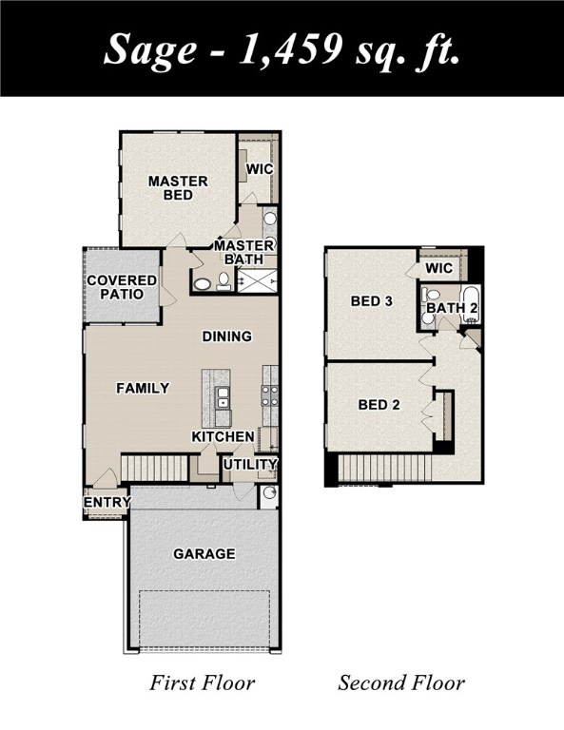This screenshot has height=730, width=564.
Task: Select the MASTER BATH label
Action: pos(243,252)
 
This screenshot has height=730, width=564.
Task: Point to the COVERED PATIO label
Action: pos(122,287)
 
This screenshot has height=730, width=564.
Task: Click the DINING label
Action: pos(226,336)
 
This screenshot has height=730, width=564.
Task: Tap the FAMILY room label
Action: pos(143,388)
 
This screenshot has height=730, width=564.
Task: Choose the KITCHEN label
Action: pos(224,436)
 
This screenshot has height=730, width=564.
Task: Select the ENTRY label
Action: pos(107,502)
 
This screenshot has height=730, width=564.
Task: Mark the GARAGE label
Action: pos(204,553)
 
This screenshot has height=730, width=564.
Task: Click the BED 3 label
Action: pos(372,301)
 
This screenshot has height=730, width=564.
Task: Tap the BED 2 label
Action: pos(379,405)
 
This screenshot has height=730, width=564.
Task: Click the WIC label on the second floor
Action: pos(439,268)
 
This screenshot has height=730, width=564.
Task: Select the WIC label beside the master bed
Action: pos(260,169)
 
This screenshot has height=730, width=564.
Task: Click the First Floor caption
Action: pos(203,682)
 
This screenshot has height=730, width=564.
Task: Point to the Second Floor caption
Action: pos(401,682)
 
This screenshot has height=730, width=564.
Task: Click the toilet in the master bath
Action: pos(224,280)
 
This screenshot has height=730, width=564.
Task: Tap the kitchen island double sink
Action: pos(222,397)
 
